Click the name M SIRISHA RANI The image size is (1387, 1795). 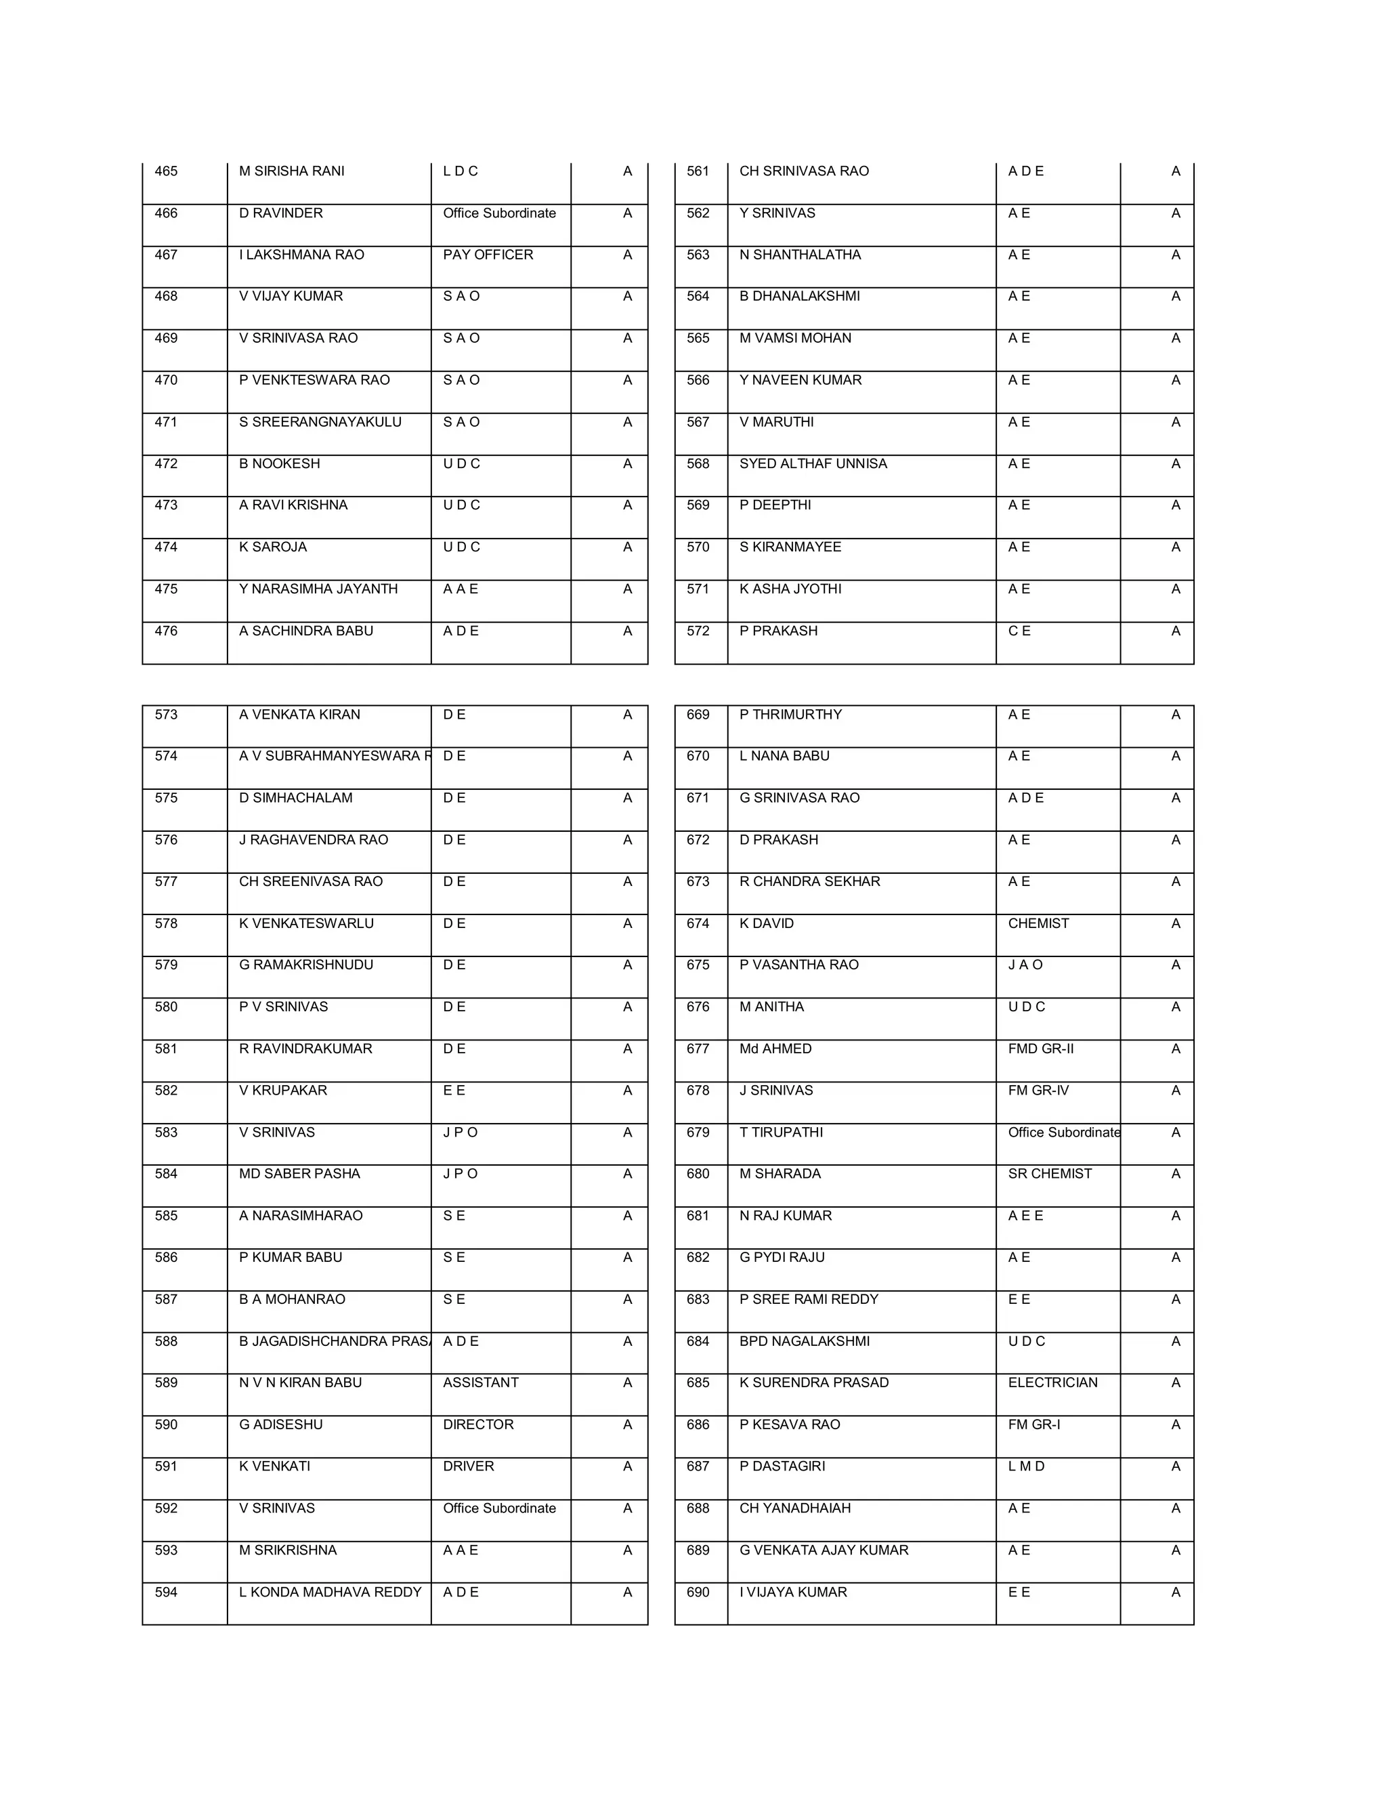[x=292, y=171]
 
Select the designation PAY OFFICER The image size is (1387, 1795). [x=488, y=255]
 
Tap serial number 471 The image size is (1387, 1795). [x=166, y=421]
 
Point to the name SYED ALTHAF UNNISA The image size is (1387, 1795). [x=813, y=463]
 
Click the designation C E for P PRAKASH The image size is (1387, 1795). [x=1019, y=631]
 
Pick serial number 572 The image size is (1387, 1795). [x=698, y=631]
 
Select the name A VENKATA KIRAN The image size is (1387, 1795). [x=299, y=714]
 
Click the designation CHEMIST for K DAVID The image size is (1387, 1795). [x=1038, y=923]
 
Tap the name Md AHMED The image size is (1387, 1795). [x=775, y=1049]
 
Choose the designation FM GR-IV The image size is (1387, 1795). [x=1038, y=1090]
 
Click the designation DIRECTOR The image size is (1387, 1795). [x=478, y=1424]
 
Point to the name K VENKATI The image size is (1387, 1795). [x=274, y=1466]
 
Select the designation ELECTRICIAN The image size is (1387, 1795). [x=1052, y=1382]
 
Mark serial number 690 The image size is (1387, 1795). [x=698, y=1592]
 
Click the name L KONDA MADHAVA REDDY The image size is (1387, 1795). [x=330, y=1592]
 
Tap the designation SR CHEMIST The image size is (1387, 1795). [x=1049, y=1174]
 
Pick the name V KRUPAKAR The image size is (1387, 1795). [x=282, y=1090]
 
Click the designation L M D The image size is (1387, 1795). [x=1026, y=1466]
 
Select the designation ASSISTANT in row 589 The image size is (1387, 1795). [x=481, y=1382]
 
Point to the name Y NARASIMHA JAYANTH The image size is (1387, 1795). [x=318, y=589]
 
